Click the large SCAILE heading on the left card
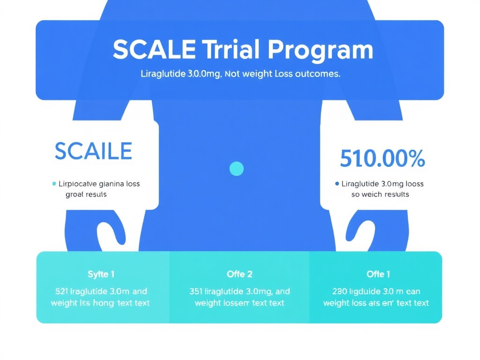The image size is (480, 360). [93, 151]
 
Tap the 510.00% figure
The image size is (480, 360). [382, 158]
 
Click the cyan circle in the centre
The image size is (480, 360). [236, 169]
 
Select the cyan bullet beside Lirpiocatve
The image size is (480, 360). [54, 183]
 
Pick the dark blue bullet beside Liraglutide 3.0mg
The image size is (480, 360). [337, 184]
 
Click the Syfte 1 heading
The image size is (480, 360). [101, 274]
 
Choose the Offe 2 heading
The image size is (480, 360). [239, 274]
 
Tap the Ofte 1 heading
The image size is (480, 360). [378, 274]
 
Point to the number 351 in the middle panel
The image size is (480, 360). [196, 291]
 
